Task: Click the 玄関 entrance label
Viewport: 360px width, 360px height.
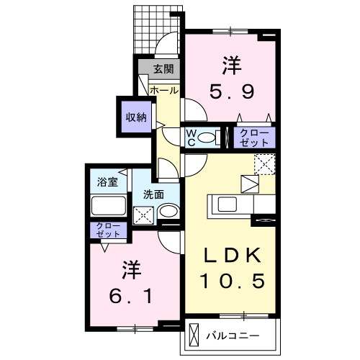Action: [x=162, y=70]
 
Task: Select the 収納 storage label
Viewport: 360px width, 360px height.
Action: [x=136, y=117]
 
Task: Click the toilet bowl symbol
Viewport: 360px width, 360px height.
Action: [x=208, y=137]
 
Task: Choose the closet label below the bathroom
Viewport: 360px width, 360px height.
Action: [x=107, y=230]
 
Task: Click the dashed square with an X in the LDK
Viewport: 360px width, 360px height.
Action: [x=264, y=165]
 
